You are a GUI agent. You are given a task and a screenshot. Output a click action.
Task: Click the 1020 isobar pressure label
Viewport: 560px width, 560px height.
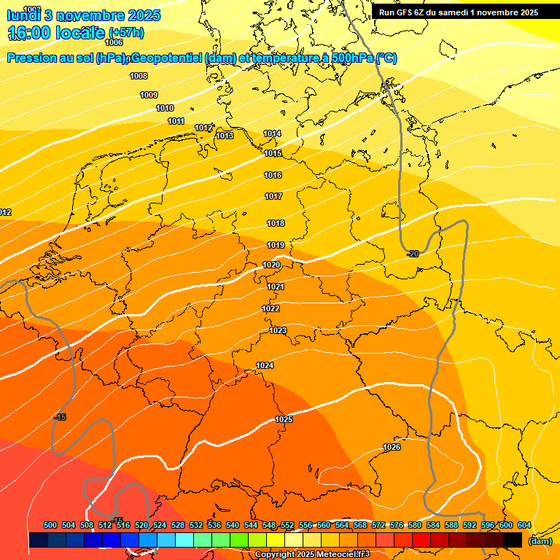click(271, 265)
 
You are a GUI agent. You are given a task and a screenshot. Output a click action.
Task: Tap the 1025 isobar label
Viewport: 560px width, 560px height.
click(284, 419)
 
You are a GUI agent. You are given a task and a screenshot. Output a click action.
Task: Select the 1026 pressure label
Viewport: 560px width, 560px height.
click(392, 447)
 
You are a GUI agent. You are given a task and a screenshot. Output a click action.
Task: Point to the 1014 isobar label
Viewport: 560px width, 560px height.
click(272, 133)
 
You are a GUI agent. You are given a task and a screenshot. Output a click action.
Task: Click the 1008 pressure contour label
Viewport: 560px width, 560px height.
click(139, 76)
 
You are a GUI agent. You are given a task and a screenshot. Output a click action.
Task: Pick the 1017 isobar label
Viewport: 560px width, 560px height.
click(273, 196)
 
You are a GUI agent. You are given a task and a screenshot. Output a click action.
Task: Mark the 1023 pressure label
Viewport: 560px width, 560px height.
click(278, 330)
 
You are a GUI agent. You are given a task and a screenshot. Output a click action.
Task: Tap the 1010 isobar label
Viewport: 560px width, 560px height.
click(165, 108)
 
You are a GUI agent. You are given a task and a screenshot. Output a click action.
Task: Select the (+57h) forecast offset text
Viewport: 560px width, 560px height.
click(126, 33)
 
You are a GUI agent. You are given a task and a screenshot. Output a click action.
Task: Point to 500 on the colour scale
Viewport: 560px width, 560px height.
click(50, 525)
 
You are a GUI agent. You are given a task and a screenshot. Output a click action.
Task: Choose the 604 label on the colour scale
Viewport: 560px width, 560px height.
click(524, 525)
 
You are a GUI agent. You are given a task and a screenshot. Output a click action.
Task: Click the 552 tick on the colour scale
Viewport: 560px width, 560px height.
click(287, 525)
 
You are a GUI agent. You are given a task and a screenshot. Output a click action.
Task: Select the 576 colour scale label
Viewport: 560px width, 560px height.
click(397, 525)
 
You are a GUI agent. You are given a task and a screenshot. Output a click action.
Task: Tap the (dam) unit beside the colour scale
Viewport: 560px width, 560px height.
click(540, 541)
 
